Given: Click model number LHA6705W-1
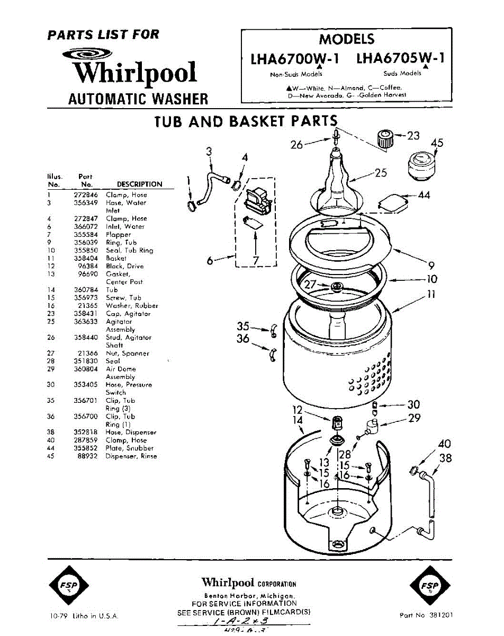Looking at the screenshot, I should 400,58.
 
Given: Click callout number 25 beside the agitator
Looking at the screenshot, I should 381,173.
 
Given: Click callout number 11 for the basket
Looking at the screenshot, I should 431,295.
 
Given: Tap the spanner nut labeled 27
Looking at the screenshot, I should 335,287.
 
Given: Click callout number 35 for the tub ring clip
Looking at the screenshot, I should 243,326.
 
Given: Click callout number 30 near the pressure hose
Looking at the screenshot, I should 413,405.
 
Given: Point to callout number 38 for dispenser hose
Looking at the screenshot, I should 446,457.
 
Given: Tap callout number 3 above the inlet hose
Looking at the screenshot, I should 209,151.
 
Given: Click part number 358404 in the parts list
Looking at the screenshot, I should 84,258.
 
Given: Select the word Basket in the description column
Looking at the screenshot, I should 116,258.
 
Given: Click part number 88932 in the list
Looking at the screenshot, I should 86,456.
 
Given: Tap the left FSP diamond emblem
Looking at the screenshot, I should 69,586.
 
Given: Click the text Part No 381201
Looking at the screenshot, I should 426,615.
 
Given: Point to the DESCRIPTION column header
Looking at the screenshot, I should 139,184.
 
